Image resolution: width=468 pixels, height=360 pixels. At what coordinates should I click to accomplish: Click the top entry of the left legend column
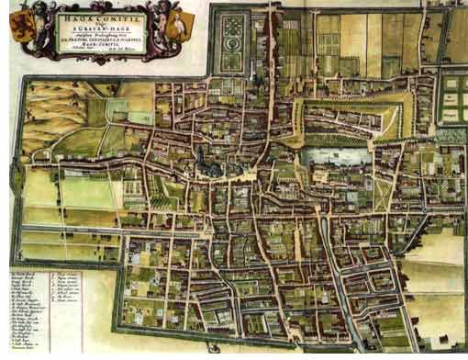click(20, 273)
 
